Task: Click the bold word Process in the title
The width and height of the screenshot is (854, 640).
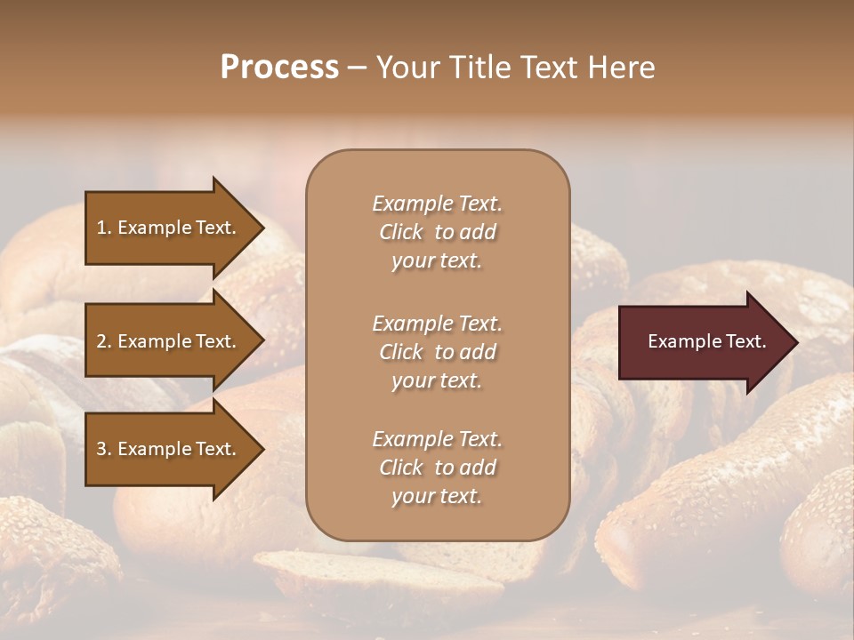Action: (279, 68)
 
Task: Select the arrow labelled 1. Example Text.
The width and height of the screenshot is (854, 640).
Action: (169, 228)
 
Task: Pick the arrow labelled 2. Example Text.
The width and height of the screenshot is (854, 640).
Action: (169, 341)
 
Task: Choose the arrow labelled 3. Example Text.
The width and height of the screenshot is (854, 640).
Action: (169, 449)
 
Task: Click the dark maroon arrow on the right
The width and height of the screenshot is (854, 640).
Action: (703, 341)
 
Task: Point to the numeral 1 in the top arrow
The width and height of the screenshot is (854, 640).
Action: (101, 228)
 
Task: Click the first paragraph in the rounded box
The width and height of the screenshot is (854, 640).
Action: (437, 232)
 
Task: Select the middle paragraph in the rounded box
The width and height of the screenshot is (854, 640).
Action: (437, 352)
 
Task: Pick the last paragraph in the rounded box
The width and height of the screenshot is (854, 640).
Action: (437, 468)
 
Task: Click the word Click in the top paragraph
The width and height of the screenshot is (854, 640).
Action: (400, 232)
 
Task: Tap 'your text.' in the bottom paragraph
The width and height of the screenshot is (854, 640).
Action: (437, 496)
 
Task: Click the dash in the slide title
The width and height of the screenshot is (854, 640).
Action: (358, 68)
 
